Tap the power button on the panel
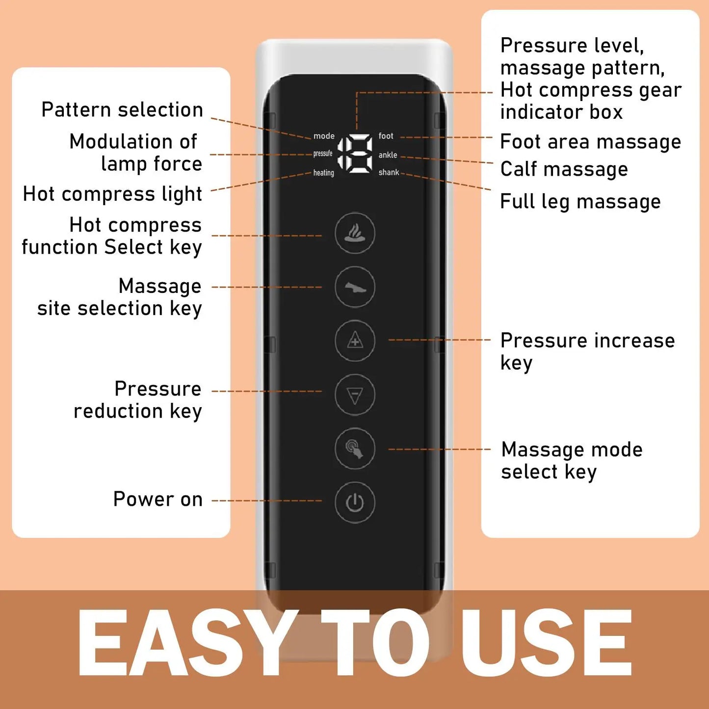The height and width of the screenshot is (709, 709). click(x=355, y=502)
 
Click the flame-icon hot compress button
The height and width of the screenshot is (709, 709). click(x=355, y=233)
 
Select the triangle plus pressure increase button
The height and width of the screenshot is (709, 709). click(x=355, y=341)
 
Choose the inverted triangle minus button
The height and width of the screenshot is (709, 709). click(x=355, y=394)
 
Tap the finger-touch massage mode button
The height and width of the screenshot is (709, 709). click(x=355, y=448)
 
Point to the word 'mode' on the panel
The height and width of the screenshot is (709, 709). click(x=324, y=136)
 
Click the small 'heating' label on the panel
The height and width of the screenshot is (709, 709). click(x=323, y=173)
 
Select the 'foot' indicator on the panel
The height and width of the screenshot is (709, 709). click(x=386, y=136)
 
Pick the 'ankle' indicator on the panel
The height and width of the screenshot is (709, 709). click(x=388, y=155)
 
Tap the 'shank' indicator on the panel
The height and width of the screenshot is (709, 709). click(x=389, y=173)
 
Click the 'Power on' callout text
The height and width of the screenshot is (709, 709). click(x=158, y=499)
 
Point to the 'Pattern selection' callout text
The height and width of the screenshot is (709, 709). click(x=122, y=109)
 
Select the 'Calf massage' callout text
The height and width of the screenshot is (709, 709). click(x=564, y=169)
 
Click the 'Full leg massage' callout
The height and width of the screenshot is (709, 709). click(x=580, y=202)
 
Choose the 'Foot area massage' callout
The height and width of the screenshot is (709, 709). click(x=590, y=142)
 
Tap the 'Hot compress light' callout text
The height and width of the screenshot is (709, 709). click(x=112, y=194)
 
